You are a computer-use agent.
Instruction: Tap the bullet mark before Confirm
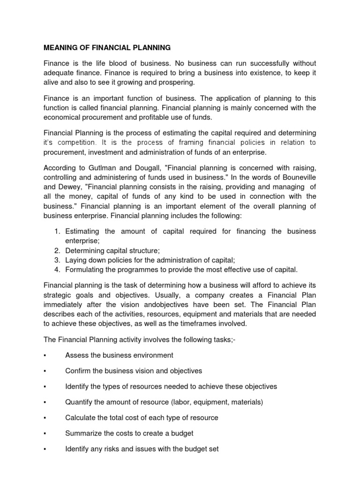click(x=44, y=371)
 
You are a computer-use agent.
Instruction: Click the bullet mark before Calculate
click(x=44, y=418)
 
